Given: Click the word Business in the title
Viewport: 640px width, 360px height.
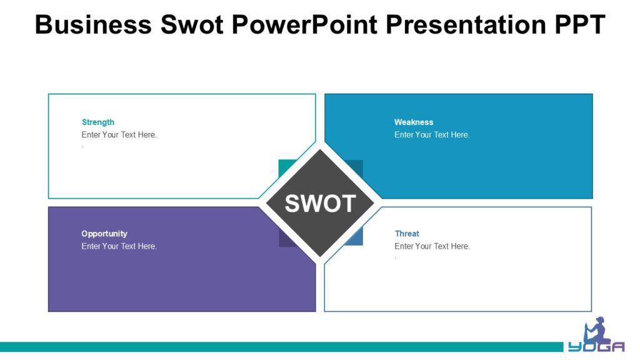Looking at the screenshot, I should (93, 24).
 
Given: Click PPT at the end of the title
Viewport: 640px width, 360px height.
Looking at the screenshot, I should (578, 24).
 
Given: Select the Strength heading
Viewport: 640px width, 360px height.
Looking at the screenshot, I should (98, 122).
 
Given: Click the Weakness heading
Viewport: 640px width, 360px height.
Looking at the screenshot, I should (413, 122).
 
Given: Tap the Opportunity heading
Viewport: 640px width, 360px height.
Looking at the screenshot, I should (104, 234).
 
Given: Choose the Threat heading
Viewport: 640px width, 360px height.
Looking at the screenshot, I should (407, 234).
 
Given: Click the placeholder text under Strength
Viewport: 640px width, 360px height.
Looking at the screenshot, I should (119, 135).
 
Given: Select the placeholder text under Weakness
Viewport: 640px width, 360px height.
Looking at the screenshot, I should (432, 135).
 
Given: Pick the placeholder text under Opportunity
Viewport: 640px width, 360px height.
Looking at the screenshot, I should (119, 246).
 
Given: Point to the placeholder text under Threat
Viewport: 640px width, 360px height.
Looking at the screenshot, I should (432, 246).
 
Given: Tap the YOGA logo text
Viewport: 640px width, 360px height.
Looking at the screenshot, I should (596, 347).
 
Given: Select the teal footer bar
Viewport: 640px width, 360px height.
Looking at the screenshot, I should (281, 347).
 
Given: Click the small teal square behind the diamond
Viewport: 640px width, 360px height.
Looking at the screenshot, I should (286, 167).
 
